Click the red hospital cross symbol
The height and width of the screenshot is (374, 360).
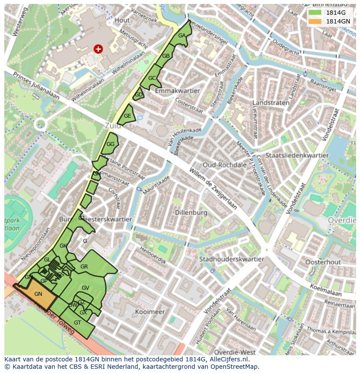(98, 49)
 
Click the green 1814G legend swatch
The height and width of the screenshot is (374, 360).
(315, 13)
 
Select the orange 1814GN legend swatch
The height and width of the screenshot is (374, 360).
(315, 21)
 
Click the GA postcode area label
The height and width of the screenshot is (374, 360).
(182, 36)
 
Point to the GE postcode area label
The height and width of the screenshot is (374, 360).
(127, 116)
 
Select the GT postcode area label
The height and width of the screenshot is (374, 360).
(77, 323)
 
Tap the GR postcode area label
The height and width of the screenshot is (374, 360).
(84, 267)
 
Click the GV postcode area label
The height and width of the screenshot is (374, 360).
(85, 288)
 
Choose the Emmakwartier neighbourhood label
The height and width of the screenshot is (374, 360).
(177, 91)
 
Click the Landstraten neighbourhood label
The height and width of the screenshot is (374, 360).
(271, 103)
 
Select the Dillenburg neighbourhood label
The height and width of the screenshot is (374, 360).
(190, 213)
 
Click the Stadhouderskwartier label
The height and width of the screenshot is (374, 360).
(231, 259)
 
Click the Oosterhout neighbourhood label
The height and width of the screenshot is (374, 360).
(323, 262)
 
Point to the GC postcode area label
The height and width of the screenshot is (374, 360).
(152, 78)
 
